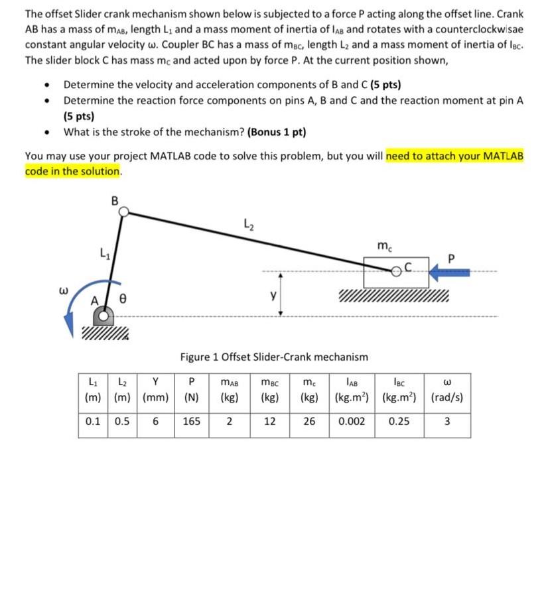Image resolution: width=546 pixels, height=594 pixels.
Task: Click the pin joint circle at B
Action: (123, 211)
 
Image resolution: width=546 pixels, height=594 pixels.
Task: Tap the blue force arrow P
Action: (450, 271)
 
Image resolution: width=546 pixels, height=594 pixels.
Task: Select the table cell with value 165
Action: (192, 420)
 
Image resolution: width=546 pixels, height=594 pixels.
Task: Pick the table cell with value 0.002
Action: (351, 420)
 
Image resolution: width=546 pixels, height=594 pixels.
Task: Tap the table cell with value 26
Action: (309, 420)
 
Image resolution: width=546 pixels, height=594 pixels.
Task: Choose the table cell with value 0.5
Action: (122, 420)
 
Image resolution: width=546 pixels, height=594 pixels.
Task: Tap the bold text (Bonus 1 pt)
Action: (276, 131)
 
